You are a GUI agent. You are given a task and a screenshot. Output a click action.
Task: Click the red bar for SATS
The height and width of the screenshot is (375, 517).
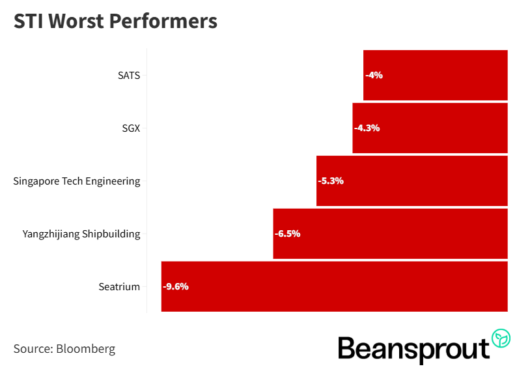(x=435, y=75)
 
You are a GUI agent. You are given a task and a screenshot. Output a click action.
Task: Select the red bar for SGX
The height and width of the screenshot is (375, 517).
(x=430, y=128)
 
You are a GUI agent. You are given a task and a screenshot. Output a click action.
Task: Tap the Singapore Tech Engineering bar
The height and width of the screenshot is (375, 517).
(x=412, y=181)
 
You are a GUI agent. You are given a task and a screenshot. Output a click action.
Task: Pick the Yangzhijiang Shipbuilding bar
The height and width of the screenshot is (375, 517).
(x=390, y=233)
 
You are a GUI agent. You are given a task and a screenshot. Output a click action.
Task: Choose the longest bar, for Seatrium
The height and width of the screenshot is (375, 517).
(x=334, y=286)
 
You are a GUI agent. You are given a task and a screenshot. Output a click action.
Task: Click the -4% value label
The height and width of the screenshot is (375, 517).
(x=374, y=75)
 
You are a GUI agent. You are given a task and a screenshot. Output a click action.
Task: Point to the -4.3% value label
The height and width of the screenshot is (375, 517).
(x=367, y=128)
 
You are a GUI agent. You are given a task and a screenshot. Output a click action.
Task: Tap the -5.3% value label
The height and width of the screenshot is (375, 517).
(x=331, y=181)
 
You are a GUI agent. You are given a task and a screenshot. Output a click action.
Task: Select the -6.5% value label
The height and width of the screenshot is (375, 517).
(x=287, y=233)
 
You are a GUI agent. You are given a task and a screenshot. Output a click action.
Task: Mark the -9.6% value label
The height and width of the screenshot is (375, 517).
(x=176, y=286)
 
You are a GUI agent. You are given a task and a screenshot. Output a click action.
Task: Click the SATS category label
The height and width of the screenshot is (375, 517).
(x=128, y=75)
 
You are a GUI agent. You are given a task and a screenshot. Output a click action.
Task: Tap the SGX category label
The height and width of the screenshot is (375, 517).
(x=130, y=128)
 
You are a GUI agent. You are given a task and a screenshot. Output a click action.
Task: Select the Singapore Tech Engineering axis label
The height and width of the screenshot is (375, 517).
(x=77, y=181)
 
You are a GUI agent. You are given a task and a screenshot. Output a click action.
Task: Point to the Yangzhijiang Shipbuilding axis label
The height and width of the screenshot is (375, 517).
(x=81, y=233)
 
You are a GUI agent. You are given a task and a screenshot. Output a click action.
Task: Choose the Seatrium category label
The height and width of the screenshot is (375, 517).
(x=119, y=286)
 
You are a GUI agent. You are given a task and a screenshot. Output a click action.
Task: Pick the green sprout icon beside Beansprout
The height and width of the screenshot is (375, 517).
(x=501, y=338)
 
